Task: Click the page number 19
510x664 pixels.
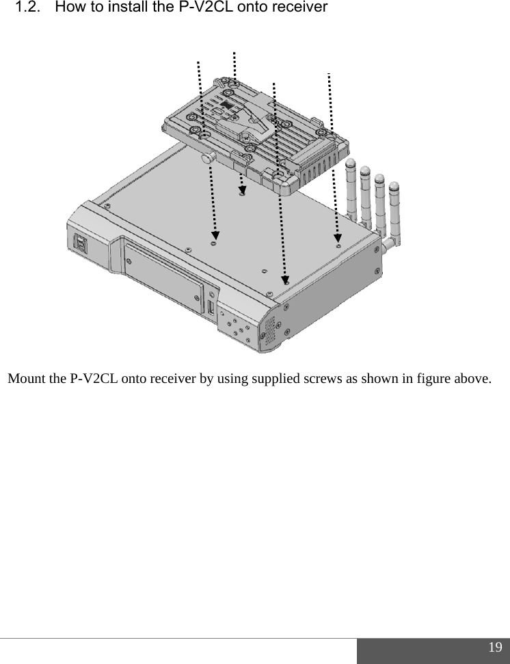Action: tap(495, 648)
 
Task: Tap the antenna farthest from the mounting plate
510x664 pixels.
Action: tap(396, 212)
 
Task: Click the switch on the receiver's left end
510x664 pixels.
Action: tap(79, 243)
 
